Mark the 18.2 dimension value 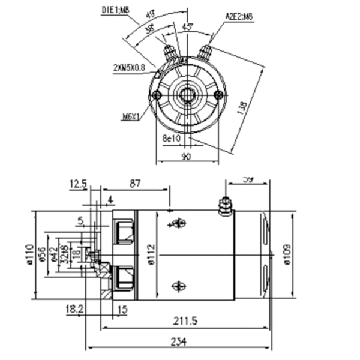74,310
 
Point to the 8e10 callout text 172,138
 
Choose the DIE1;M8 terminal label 115,9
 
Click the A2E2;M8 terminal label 238,16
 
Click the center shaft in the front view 188,94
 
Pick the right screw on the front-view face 219,95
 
